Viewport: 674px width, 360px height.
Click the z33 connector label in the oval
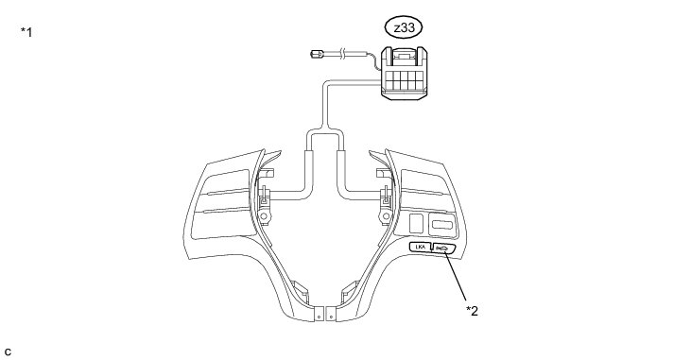403,28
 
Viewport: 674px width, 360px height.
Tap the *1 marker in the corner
26,32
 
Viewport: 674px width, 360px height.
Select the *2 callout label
472,311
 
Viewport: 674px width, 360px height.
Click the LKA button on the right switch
420,247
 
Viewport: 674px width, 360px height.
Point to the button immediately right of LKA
441,249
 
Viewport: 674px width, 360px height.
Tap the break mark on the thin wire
342,53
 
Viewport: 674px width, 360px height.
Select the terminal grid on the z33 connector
404,80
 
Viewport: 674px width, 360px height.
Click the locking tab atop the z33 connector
404,55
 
